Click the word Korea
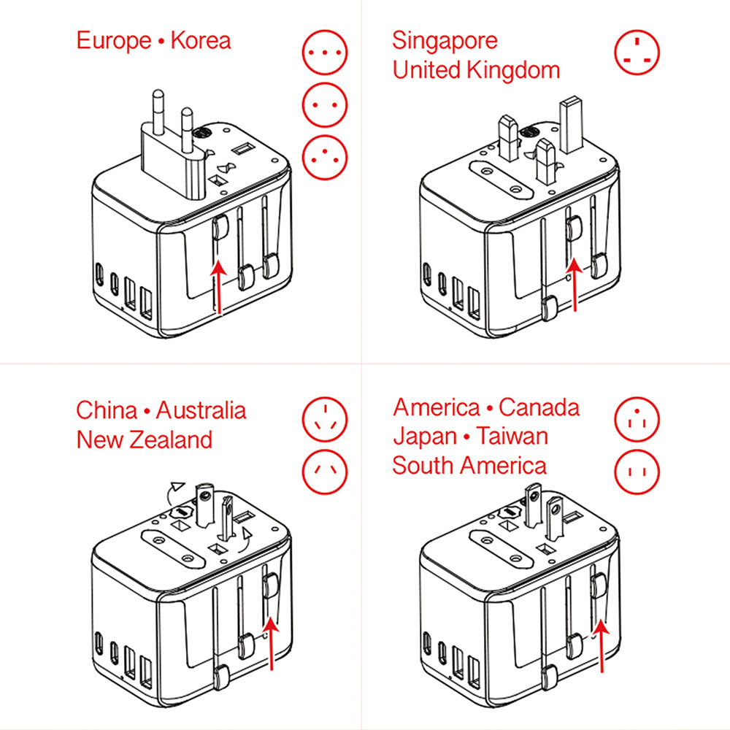tap(201, 40)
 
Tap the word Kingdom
tap(512, 71)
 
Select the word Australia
tap(201, 410)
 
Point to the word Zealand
tap(171, 440)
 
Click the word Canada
tap(539, 407)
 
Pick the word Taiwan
tap(512, 437)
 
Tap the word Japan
tap(425, 437)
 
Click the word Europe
tap(114, 42)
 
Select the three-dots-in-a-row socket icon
tap(325, 52)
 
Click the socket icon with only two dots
tap(325, 104)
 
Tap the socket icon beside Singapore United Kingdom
tap(637, 52)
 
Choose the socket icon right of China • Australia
tap(325, 420)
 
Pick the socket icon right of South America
tap(637, 472)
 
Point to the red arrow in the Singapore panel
tap(575, 285)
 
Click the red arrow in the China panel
tap(271, 643)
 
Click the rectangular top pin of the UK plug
tap(572, 124)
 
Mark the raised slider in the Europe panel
tap(221, 226)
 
